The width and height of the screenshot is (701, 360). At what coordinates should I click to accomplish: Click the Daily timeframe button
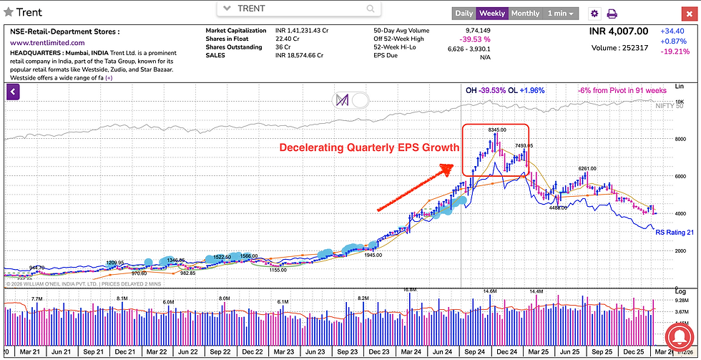pyautogui.click(x=464, y=13)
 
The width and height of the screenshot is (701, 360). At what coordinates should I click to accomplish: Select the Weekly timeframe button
pyautogui.click(x=492, y=13)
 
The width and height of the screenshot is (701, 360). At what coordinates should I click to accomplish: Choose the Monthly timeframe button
pyautogui.click(x=525, y=13)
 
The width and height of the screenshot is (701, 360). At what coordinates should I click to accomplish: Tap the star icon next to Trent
pyautogui.click(x=9, y=12)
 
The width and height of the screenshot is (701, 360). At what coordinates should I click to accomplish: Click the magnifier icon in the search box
pyautogui.click(x=371, y=9)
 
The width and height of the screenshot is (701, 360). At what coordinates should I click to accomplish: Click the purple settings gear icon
pyautogui.click(x=594, y=13)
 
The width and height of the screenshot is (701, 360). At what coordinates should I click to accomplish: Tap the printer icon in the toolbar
pyautogui.click(x=612, y=13)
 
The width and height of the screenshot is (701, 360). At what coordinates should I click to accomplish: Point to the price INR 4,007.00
pyautogui.click(x=618, y=31)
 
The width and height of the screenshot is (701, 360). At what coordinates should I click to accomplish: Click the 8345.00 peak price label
pyautogui.click(x=497, y=130)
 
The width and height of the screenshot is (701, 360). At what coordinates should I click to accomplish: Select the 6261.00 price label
pyautogui.click(x=587, y=169)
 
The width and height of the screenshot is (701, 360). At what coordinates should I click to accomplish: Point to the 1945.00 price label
pyautogui.click(x=373, y=255)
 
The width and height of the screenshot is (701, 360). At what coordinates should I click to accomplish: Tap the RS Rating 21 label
pyautogui.click(x=675, y=233)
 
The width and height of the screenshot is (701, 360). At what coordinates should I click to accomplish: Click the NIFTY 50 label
pyautogui.click(x=669, y=106)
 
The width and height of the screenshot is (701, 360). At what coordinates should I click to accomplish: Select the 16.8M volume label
pyautogui.click(x=409, y=290)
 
